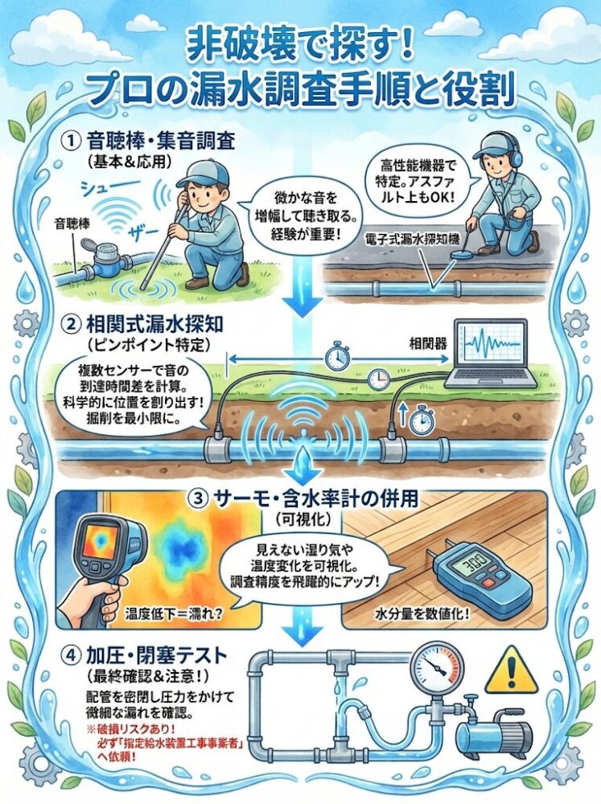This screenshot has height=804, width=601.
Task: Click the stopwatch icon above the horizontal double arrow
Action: pos(335,355)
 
